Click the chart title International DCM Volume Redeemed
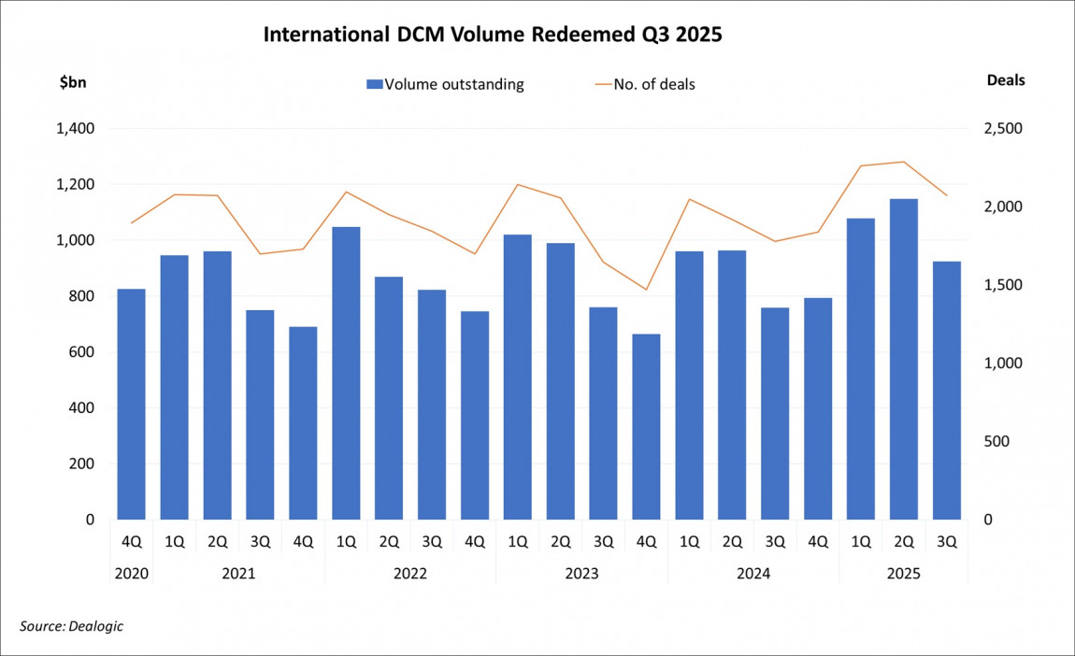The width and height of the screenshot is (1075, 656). point(493,36)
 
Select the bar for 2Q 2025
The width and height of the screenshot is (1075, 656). point(904,360)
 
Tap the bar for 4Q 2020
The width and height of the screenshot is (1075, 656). point(131,404)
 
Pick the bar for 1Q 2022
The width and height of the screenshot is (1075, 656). point(346,374)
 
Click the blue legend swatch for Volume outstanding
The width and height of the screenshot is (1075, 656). point(374,84)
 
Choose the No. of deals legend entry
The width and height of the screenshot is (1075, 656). point(645,84)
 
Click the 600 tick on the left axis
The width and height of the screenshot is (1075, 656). point(81,352)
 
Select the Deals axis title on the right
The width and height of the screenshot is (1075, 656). point(1006,80)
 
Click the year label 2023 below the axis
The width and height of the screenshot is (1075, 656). point(581,574)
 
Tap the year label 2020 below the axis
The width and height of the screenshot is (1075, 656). point(131,574)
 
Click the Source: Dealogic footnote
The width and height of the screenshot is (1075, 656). point(71,626)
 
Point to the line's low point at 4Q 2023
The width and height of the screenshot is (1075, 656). point(646,290)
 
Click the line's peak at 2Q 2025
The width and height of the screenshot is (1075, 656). point(904,162)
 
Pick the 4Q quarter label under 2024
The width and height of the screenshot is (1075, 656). point(818,542)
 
